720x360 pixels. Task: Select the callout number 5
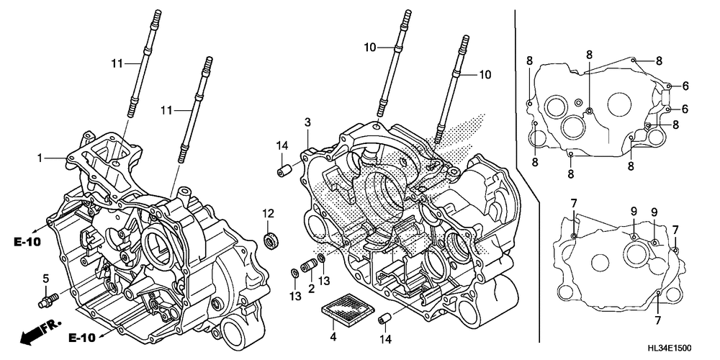pos(45,278)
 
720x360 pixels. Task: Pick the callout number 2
pos(311,288)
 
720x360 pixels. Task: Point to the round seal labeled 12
pos(272,239)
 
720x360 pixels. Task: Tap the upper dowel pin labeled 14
pos(284,171)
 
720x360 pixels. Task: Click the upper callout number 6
pos(685,86)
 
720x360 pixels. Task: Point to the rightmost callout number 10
pos(485,74)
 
